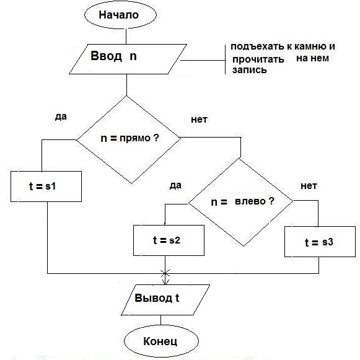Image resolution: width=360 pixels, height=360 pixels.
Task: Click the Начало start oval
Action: pos(121,15)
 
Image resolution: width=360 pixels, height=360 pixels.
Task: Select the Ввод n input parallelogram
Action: pos(128,59)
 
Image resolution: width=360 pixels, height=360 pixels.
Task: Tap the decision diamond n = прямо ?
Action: pos(128,139)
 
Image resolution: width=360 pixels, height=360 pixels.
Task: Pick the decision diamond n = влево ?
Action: pos(240,202)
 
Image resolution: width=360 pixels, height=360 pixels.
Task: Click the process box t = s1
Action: pos(46,187)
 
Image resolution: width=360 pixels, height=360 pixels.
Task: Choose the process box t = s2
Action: pos(169,240)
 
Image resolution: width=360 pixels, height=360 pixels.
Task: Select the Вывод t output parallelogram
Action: pos(165,300)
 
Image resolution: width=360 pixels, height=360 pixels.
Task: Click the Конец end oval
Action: pos(161,341)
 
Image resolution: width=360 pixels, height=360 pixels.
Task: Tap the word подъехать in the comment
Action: pos(257,47)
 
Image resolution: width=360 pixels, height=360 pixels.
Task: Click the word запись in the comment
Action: pos(250,70)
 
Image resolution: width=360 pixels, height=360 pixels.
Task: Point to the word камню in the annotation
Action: pos(310,46)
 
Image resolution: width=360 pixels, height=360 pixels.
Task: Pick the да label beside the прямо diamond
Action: pos(61,117)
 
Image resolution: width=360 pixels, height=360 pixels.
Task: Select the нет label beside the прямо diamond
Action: pos(199,120)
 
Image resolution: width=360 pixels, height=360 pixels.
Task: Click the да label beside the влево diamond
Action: pos(175,185)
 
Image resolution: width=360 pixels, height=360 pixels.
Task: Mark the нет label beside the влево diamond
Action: pos(309,186)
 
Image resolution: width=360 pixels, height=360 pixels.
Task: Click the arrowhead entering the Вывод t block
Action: pos(165,282)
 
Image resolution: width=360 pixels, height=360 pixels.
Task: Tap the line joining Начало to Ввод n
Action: pos(126,37)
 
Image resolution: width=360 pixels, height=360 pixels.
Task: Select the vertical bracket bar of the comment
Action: pos(225,59)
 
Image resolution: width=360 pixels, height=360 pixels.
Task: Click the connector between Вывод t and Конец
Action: pos(160,320)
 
